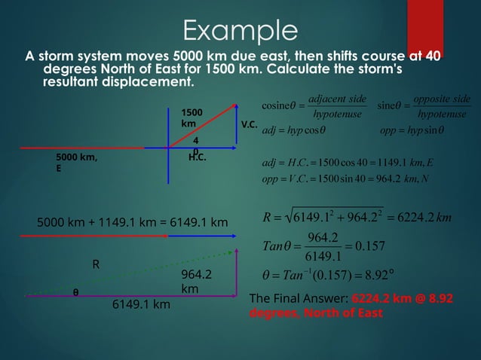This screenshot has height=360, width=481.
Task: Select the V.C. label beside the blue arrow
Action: pos(249,122)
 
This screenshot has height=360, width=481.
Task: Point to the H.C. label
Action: pos(198,158)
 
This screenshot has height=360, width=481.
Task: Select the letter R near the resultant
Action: pos(96,264)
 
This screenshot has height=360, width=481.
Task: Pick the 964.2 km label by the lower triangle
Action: pos(194,282)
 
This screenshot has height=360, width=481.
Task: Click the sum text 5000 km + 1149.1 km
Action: pos(132,222)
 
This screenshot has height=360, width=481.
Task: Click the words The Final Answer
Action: pos(297,299)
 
